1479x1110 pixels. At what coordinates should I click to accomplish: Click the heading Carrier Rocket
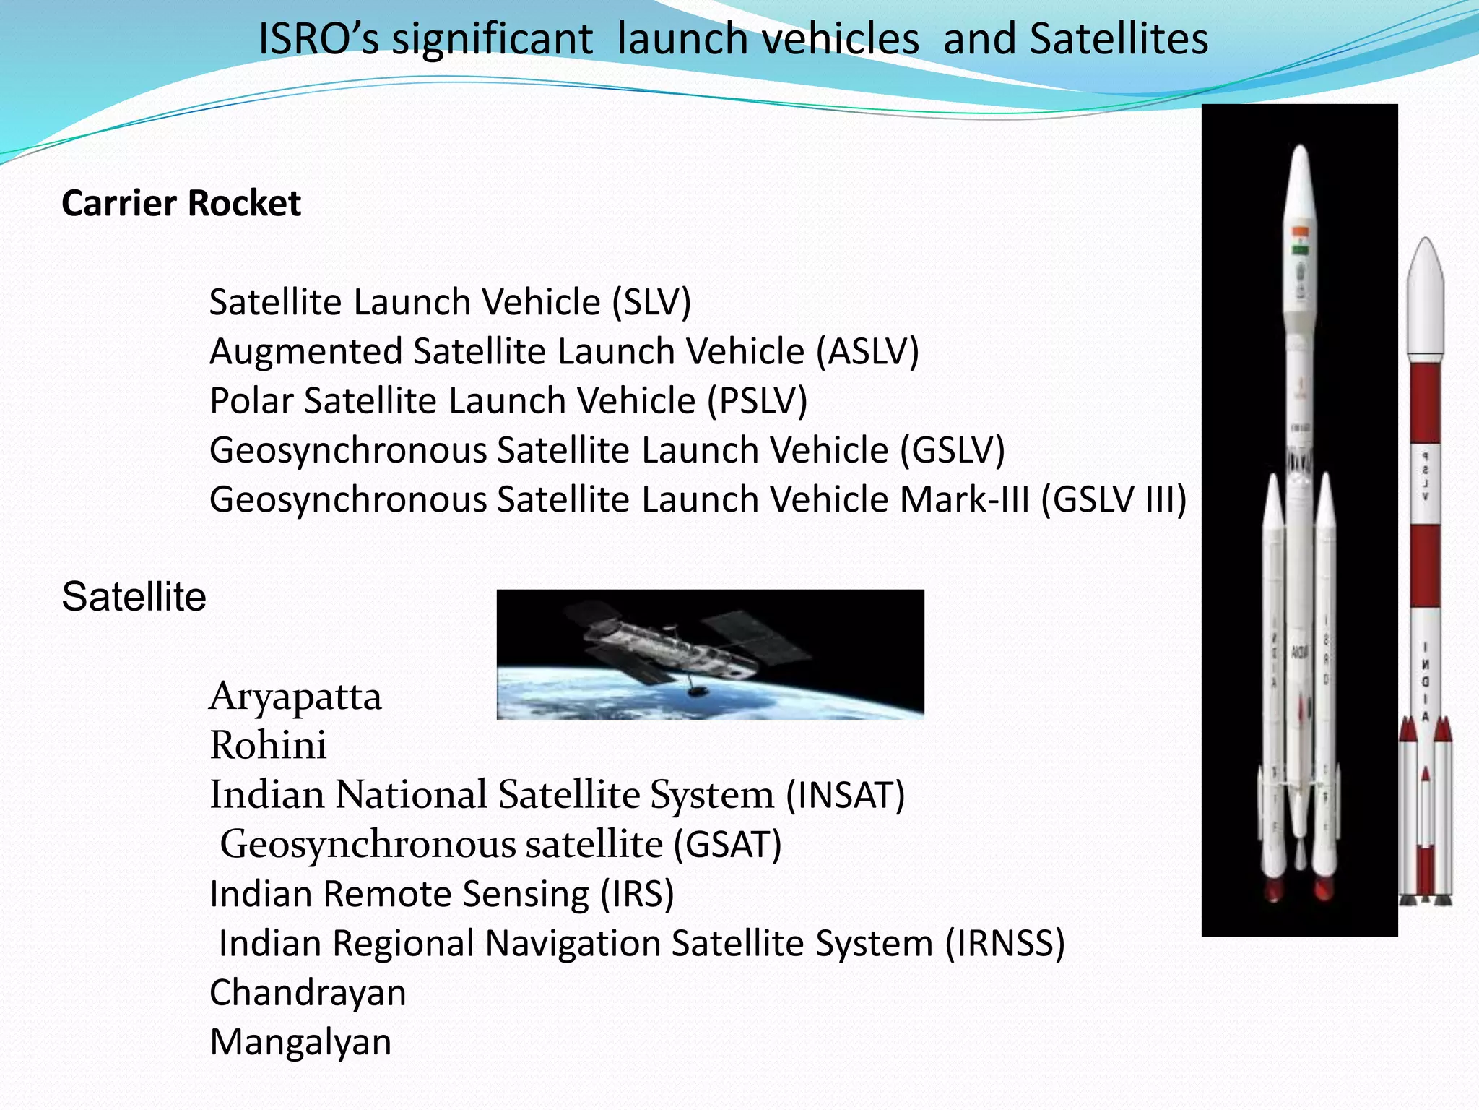(x=181, y=203)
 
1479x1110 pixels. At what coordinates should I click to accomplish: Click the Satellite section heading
(x=134, y=597)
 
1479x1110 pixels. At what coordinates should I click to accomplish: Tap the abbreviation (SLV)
(x=651, y=302)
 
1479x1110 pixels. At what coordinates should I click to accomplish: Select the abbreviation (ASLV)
(x=867, y=352)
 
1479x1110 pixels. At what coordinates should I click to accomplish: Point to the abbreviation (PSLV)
(x=757, y=401)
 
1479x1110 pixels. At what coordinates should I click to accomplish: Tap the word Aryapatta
(x=295, y=697)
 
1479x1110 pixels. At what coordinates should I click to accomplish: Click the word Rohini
(x=268, y=745)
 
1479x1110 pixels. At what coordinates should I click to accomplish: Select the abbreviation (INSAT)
(x=845, y=795)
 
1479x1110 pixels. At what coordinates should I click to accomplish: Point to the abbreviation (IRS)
(x=638, y=894)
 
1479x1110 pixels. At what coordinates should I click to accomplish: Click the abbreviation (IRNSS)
(x=1005, y=944)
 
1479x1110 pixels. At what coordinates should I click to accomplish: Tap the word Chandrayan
(x=308, y=993)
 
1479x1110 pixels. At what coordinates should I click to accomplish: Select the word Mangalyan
(x=300, y=1042)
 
